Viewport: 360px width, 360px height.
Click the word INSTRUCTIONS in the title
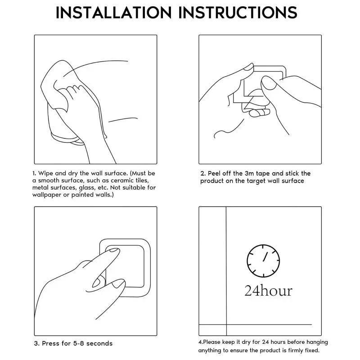(238, 12)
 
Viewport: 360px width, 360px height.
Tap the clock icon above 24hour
(263, 261)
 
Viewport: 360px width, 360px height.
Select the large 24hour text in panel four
(268, 290)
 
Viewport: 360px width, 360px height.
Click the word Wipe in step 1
(46, 173)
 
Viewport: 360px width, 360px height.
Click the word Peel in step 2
(216, 173)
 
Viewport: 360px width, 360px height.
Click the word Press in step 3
(51, 343)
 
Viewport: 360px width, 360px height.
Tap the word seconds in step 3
(99, 343)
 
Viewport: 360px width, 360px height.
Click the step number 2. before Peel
(203, 173)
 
